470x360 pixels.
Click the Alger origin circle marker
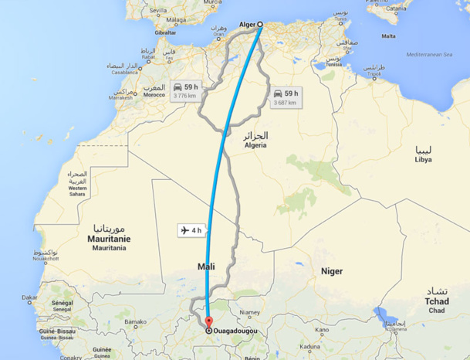pos(259,24)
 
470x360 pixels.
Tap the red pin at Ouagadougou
pos(208,322)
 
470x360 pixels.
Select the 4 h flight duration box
pos(191,229)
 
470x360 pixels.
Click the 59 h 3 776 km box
pos(184,90)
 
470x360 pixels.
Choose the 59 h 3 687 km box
pos(284,97)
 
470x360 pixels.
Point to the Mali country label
pos(205,267)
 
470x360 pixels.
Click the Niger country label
pos(332,271)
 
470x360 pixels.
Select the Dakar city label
pos(30,297)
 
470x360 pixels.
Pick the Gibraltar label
pos(165,34)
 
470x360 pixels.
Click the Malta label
pos(389,36)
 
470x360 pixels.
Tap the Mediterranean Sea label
pos(433,55)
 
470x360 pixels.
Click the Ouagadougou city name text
pos(235,331)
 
